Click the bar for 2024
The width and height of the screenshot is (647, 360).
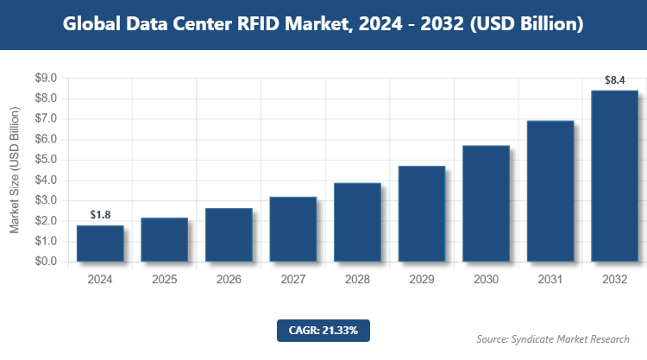coord(100,243)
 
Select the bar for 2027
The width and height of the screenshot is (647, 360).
coord(292,229)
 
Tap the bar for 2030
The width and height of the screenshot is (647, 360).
coord(486,204)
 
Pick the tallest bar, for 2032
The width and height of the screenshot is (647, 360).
coord(614,176)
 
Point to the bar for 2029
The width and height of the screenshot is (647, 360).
coord(421,214)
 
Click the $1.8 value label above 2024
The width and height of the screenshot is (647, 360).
coord(100,215)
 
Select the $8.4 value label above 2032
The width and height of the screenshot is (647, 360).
coord(614,80)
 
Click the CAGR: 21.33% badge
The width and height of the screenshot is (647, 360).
coord(323,330)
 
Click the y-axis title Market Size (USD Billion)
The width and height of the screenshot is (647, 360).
coord(15,170)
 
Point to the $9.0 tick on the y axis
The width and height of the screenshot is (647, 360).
coord(45,79)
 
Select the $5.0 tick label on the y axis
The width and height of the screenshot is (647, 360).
coord(45,160)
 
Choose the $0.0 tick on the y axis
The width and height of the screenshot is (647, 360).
coord(45,262)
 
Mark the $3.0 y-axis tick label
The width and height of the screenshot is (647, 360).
coord(45,200)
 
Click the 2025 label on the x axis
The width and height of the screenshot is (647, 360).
coord(164,280)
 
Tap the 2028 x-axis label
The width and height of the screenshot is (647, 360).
coord(357,280)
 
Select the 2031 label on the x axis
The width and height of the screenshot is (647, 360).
coord(550,280)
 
